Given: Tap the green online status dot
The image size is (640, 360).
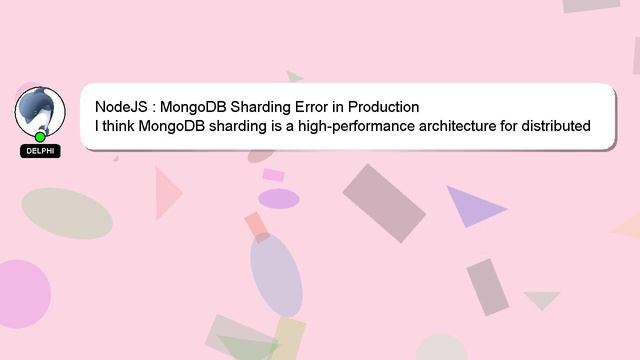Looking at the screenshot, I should (40, 136).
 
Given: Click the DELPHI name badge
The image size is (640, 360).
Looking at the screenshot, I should (40, 151).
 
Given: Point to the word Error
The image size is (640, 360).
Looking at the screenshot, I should (322, 106).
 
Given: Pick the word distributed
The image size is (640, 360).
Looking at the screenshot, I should (557, 126).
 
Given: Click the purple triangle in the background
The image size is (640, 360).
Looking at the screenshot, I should (471, 204).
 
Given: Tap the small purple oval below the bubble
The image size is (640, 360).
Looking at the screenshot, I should (279, 198).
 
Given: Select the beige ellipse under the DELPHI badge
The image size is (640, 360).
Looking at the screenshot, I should (67, 213).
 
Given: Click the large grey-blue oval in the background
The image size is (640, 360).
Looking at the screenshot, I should (276, 274).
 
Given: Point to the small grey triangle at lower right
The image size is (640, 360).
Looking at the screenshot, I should (542, 299).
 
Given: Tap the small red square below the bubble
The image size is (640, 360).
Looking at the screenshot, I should (258, 225).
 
